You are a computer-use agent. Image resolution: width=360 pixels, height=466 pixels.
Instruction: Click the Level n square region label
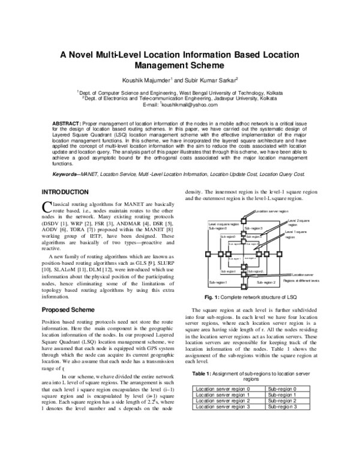[223, 224]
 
